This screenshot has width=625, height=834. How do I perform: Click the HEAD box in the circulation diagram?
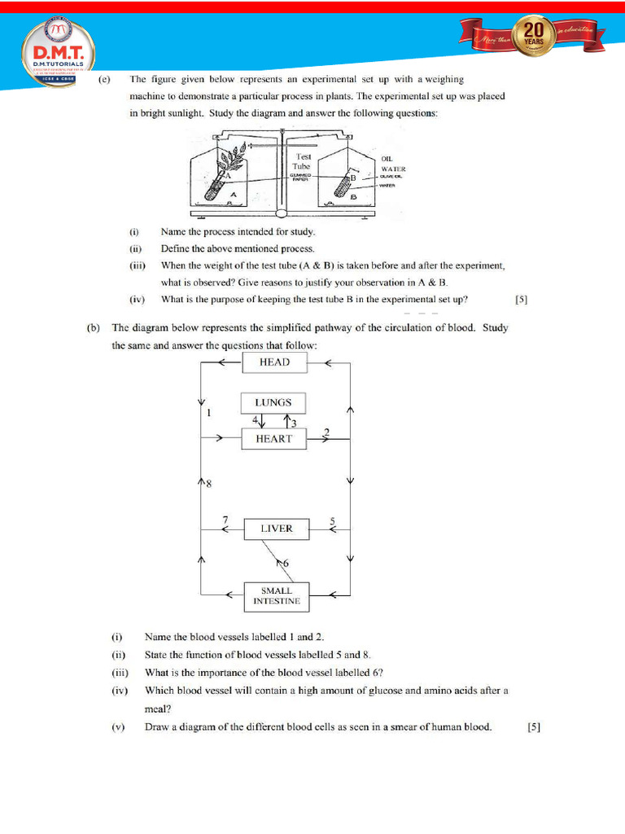[x=274, y=362]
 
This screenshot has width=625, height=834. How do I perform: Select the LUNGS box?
[x=273, y=402]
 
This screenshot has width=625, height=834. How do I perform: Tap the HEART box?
[x=273, y=439]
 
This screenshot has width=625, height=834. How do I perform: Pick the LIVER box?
[x=276, y=529]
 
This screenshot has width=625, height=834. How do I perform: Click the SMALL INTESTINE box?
[x=276, y=596]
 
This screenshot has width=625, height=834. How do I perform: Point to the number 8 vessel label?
[x=208, y=484]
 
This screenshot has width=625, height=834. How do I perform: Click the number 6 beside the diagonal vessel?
[x=285, y=563]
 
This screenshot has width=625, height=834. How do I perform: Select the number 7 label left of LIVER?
[x=225, y=519]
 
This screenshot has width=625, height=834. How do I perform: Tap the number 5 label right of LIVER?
[x=332, y=520]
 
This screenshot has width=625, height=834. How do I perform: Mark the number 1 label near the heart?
[x=209, y=413]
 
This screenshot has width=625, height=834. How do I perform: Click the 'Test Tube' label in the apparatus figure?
[x=303, y=160]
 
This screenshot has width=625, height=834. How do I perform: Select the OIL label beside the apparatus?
[x=387, y=159]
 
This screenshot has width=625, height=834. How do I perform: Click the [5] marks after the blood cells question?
[x=534, y=727]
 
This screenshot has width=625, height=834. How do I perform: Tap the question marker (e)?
[x=104, y=80]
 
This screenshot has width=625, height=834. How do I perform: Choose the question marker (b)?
[x=94, y=328]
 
